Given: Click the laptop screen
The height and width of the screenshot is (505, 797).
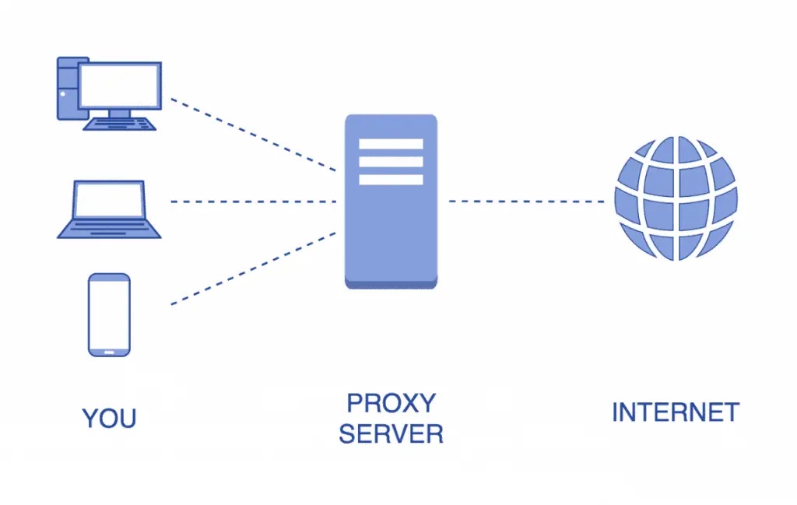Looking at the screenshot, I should pos(109,200).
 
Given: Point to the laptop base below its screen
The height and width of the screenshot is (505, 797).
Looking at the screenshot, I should pos(109,229).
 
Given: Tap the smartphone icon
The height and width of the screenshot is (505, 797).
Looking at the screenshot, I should pos(109,314).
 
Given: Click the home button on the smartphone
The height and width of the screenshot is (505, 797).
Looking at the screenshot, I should pos(109,350).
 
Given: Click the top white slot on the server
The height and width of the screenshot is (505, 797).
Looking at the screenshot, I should pos(391,144).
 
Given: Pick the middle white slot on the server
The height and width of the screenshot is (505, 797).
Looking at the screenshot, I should pos(391,162).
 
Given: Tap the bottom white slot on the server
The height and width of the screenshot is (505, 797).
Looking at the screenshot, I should pos(391,180).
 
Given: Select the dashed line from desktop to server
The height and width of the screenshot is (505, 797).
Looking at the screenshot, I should pos(253,134).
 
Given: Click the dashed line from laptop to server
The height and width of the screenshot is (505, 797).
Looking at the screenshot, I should pos(253,202).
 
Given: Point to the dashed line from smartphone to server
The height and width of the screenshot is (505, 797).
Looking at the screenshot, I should pos(253,268).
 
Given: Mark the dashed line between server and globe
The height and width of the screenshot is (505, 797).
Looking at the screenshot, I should pos(526,202).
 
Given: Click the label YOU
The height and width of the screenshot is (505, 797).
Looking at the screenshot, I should pos(109,418).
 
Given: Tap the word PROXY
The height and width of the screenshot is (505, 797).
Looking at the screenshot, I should pos(391,403).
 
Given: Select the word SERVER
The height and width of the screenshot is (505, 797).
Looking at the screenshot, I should pos(391,433).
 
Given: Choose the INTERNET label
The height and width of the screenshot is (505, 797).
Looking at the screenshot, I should pos(675,412).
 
